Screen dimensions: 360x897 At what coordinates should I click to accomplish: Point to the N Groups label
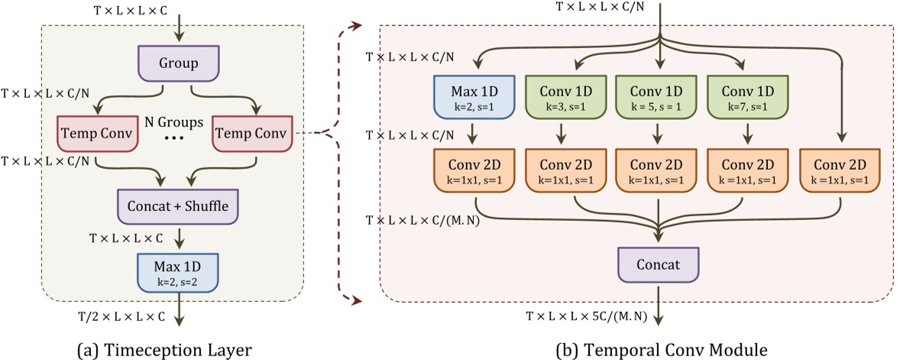(x=174, y=122)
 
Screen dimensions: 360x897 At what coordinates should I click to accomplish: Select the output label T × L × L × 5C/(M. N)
(x=585, y=315)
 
